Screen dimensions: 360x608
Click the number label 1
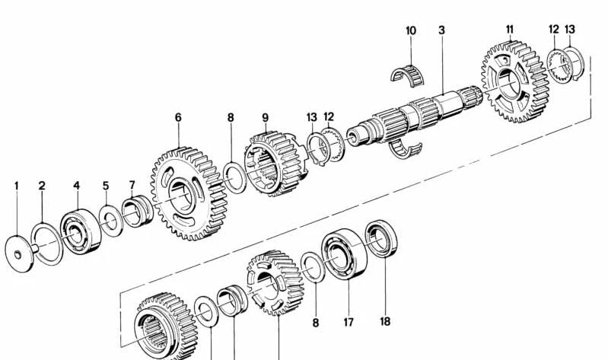click(17, 185)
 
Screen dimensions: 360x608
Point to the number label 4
click(76, 185)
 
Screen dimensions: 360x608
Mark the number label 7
click(132, 185)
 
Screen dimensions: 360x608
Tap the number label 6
click(178, 118)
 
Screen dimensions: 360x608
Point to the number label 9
click(266, 118)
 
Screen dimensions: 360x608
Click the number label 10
click(411, 30)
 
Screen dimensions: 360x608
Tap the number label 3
click(441, 30)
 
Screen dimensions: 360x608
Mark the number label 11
click(509, 30)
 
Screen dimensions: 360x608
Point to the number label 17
click(348, 322)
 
